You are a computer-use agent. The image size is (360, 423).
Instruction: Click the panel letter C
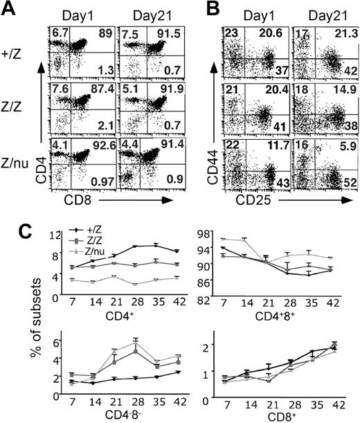click(9, 230)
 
